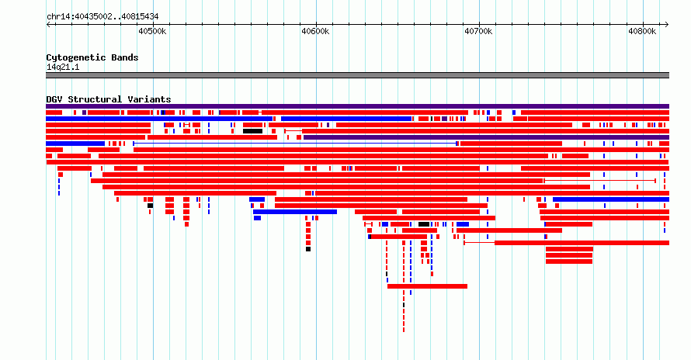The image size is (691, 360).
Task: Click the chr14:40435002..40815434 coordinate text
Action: (x=102, y=17)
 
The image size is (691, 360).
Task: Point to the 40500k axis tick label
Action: (x=152, y=31)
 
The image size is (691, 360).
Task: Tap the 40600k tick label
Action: (x=315, y=31)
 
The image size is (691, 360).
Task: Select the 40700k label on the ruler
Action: (x=478, y=31)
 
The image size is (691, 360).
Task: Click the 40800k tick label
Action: (x=641, y=31)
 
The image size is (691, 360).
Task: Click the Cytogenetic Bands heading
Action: (x=92, y=57)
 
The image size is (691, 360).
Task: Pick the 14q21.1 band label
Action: (x=63, y=67)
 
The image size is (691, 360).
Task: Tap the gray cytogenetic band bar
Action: (x=357, y=75)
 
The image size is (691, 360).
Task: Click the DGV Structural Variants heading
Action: (x=109, y=99)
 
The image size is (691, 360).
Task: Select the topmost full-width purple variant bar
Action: (x=357, y=106)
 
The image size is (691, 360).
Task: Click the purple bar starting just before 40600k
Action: (x=487, y=137)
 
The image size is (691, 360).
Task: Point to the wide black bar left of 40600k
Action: (x=253, y=131)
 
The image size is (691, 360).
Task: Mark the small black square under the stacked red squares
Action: (x=308, y=249)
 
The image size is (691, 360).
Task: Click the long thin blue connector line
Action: (x=295, y=144)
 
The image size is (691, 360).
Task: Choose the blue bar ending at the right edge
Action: (x=611, y=199)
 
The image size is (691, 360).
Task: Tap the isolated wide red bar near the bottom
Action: (x=428, y=286)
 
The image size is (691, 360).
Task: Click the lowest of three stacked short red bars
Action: (x=569, y=261)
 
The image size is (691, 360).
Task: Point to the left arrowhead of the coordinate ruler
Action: (x=48, y=25)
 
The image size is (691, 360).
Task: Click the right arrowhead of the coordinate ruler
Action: (x=667, y=25)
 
